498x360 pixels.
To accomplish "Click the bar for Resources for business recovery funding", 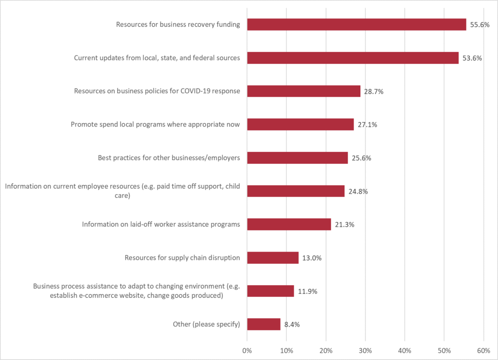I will pos(356,25).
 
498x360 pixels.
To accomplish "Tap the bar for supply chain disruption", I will pos(273,258).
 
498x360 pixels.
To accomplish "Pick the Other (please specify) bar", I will pos(264,324).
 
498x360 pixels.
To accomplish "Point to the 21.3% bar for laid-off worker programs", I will pos(289,224).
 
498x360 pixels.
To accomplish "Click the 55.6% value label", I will pos(480,25).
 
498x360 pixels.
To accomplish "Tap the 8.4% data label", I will pos(292,324).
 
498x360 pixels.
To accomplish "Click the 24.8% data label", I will pos(358,191).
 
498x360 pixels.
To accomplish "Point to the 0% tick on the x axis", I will pos(247,350).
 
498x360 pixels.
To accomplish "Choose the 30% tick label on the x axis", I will pos(365,350).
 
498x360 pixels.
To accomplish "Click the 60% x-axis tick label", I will pos(483,350).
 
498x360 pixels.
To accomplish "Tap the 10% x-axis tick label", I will pos(286,350).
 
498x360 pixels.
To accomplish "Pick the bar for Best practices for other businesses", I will pos(297,158).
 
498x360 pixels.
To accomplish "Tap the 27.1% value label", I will pos(367,125).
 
